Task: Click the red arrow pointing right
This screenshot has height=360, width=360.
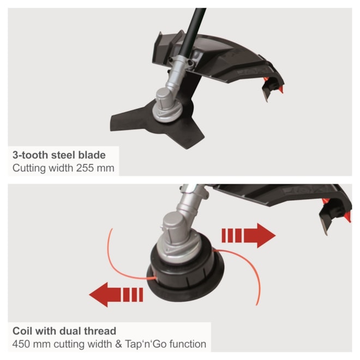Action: click(248, 236)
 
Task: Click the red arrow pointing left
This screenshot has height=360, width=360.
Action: click(116, 295)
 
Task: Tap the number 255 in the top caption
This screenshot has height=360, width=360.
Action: click(85, 168)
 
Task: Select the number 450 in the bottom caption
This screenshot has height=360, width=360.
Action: click(21, 344)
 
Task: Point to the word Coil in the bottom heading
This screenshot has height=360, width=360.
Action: click(23, 331)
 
